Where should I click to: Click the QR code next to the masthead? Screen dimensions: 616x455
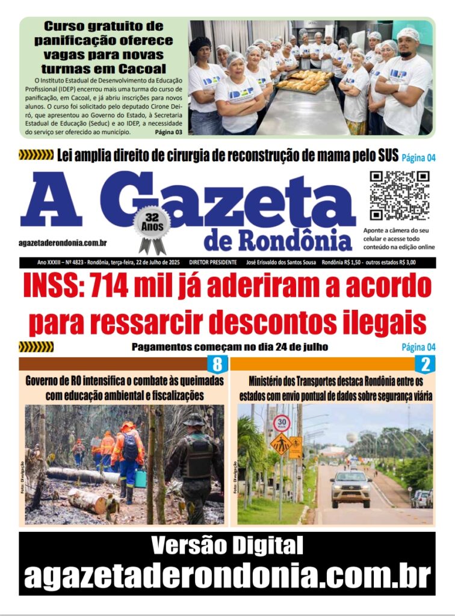point(399,196)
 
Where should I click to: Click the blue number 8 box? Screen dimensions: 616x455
point(217,364)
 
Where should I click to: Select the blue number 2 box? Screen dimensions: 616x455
point(426,364)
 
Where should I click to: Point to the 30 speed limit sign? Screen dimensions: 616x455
point(281,423)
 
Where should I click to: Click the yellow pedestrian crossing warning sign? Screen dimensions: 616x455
point(280,444)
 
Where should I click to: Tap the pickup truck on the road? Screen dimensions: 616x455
point(351,488)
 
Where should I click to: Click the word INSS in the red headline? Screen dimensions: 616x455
point(51,286)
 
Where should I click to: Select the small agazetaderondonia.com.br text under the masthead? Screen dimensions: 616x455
point(63,242)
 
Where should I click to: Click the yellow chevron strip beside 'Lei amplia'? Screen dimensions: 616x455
point(36,155)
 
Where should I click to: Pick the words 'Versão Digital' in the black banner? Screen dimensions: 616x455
point(227,546)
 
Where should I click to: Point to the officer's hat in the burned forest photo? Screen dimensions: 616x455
point(194,420)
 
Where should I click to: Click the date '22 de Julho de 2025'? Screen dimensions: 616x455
point(153,262)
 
